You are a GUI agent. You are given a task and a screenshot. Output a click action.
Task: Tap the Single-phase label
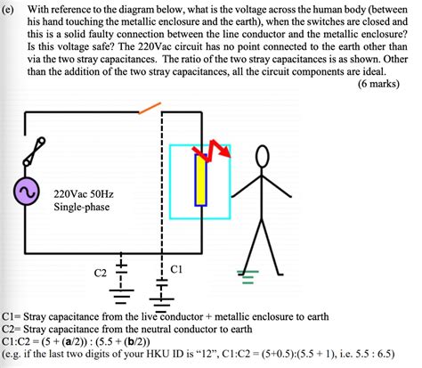(x=83, y=207)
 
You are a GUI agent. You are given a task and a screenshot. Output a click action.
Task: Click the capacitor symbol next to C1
(x=162, y=282)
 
